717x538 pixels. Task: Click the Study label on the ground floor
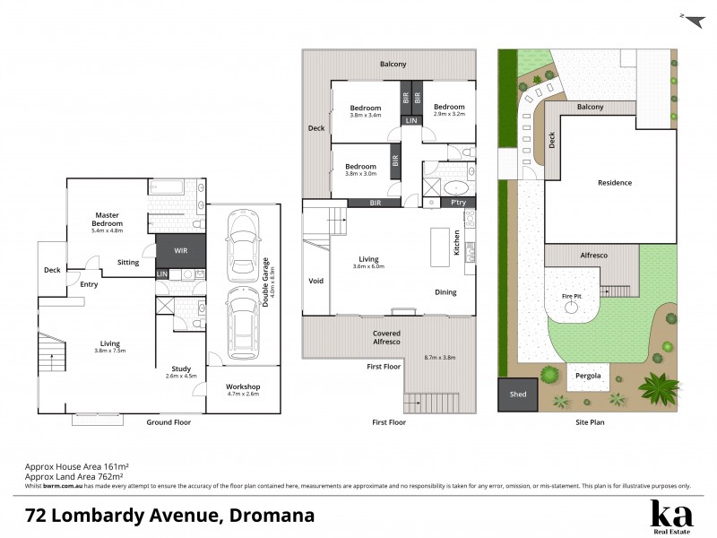[x=182, y=369]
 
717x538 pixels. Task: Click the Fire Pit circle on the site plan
[x=572, y=308]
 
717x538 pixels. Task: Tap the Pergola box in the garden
[x=589, y=377]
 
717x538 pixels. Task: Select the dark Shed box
[x=517, y=394]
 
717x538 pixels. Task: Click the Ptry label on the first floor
[x=458, y=204]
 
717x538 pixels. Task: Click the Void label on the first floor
[x=315, y=280]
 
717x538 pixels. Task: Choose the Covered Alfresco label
[x=386, y=338]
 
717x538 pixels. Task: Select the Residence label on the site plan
[x=615, y=183]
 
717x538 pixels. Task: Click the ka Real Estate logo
[x=670, y=516]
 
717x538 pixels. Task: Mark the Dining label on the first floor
[x=445, y=292]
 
